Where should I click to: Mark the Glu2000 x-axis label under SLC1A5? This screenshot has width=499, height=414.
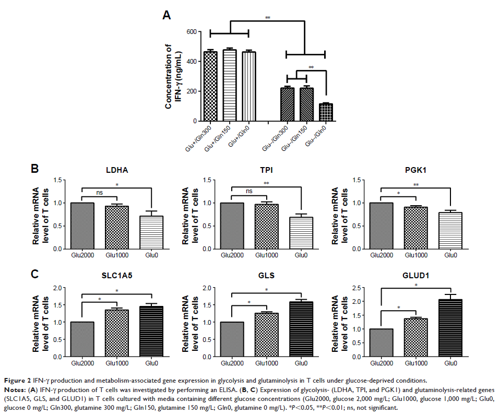(x=82, y=363)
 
